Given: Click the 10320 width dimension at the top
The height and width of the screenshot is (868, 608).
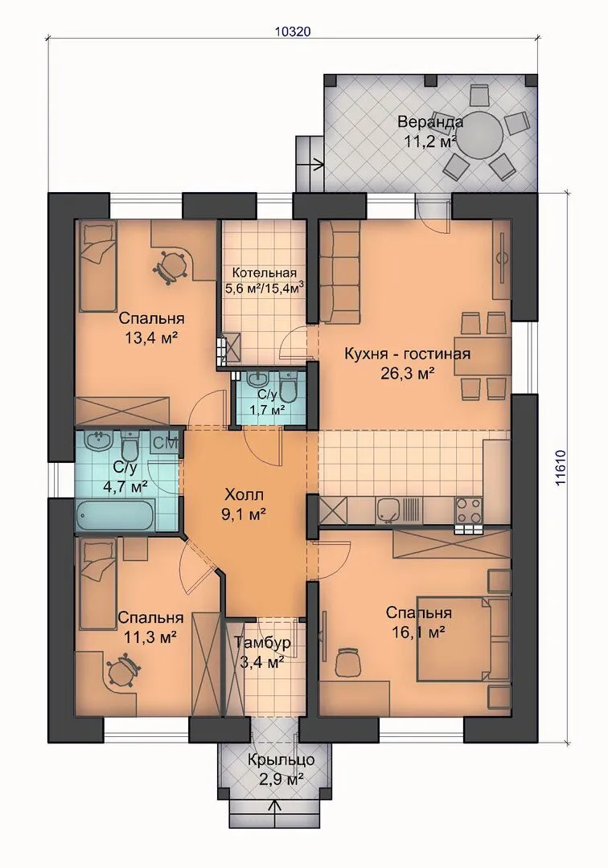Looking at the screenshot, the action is [x=293, y=31].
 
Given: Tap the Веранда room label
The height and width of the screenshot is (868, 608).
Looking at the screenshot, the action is [x=431, y=121].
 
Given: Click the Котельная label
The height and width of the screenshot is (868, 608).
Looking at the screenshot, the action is [x=264, y=273].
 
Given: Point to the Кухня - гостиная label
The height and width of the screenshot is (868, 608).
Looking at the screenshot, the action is [x=407, y=354].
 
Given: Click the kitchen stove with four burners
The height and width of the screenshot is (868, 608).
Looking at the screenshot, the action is [x=468, y=511].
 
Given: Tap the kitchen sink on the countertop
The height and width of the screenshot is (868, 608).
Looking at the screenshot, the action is [x=387, y=510].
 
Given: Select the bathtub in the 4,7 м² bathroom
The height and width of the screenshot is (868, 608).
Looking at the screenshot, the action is [x=114, y=515].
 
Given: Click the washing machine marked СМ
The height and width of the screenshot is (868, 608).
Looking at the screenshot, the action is [x=164, y=442].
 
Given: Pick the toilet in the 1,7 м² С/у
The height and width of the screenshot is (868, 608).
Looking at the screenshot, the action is [x=289, y=387].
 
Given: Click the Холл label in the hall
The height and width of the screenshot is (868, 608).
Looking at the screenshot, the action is [x=244, y=493].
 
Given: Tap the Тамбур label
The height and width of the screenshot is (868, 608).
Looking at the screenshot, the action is [x=262, y=643].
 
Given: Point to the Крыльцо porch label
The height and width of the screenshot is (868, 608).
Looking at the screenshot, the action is [x=281, y=759].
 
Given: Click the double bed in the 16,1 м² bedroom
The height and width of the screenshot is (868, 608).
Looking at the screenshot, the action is [x=462, y=638].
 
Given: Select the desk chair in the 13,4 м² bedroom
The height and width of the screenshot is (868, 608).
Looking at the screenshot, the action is [x=170, y=265].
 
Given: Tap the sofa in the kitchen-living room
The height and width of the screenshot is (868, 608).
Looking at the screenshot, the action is [x=338, y=272].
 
